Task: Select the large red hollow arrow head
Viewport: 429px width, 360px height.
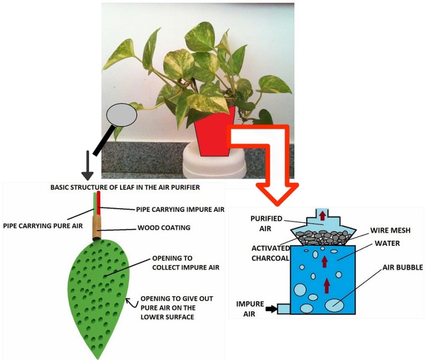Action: coord(277,190)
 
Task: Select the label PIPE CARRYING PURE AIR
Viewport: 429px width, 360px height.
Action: coord(43,226)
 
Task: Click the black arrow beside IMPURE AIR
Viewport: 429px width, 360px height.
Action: coord(271,308)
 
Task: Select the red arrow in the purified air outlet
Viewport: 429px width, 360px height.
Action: coord(322,215)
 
